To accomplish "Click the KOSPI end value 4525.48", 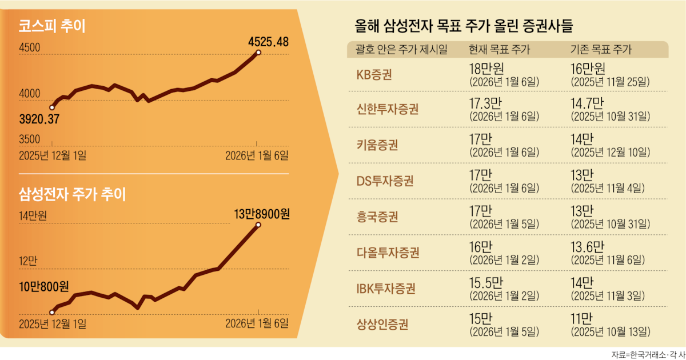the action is pyautogui.click(x=268, y=42).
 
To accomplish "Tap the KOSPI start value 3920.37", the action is pyautogui.click(x=39, y=119).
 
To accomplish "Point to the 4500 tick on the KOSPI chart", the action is pyautogui.click(x=29, y=47).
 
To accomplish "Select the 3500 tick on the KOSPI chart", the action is pyautogui.click(x=29, y=139).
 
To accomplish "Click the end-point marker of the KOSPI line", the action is pyautogui.click(x=258, y=53).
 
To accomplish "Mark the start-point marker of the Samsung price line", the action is pyautogui.click(x=52, y=312).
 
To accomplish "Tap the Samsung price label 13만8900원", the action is pyautogui.click(x=262, y=214).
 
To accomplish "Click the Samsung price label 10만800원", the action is pyautogui.click(x=44, y=287).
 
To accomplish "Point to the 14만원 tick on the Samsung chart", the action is pyautogui.click(x=33, y=216).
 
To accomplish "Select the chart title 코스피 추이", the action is pyautogui.click(x=52, y=26).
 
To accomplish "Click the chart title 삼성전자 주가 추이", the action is pyautogui.click(x=72, y=194).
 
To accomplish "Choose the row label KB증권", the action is pyautogui.click(x=374, y=74).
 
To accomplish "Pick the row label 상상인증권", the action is pyautogui.click(x=382, y=324).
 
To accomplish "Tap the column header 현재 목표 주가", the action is pyautogui.click(x=499, y=49).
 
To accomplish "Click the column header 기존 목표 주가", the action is pyautogui.click(x=601, y=49).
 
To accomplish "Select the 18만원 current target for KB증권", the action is pyautogui.click(x=486, y=69).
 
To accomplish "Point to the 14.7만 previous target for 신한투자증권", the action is pyautogui.click(x=587, y=103).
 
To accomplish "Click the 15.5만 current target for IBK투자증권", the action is pyautogui.click(x=486, y=282).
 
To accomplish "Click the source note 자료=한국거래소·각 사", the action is pyautogui.click(x=648, y=355).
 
